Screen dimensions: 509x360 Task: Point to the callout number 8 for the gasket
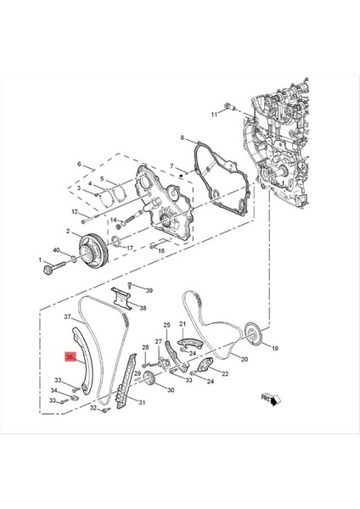182,137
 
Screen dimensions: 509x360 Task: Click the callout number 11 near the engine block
214,110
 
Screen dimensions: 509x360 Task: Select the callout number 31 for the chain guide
143,402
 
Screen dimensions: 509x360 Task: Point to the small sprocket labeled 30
149,379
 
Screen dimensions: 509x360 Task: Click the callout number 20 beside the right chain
244,359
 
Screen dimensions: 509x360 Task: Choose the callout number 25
166,325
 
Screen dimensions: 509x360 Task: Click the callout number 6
80,165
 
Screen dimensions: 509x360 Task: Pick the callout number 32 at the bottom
93,409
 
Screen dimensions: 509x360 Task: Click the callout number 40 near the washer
56,251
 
